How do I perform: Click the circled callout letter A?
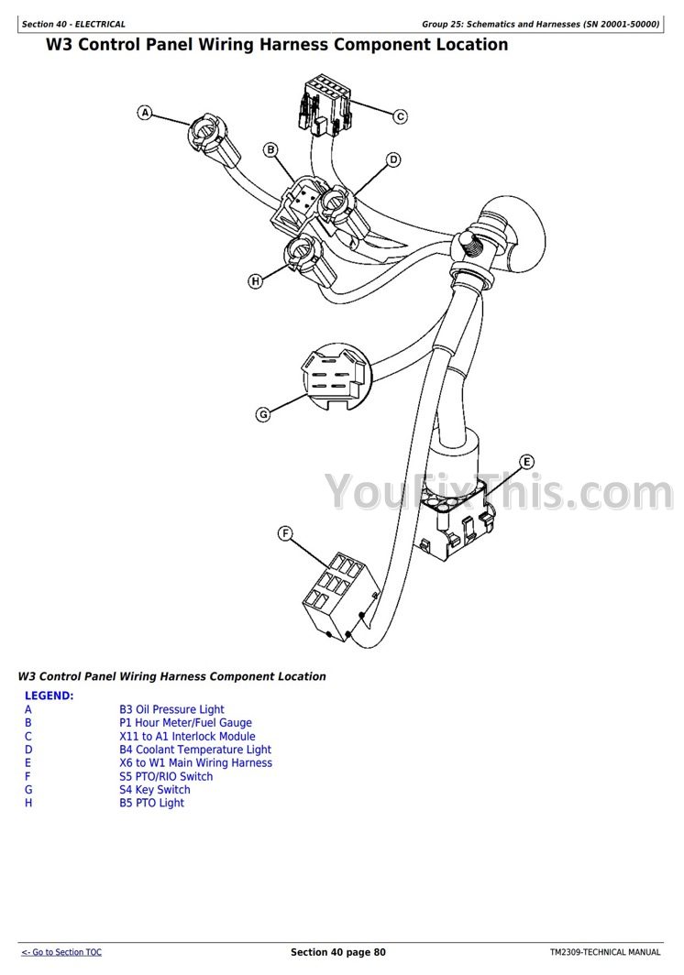tap(145, 113)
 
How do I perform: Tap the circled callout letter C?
tap(400, 116)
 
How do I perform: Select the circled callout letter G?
tap(263, 414)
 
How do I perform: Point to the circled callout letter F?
tap(285, 532)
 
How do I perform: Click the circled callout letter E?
tap(526, 461)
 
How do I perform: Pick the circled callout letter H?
tap(256, 280)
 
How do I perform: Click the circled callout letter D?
tap(393, 160)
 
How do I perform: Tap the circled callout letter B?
tap(270, 149)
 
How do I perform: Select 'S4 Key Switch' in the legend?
tap(155, 790)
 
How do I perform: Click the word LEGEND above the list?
tap(50, 696)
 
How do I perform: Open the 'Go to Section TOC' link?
tap(61, 952)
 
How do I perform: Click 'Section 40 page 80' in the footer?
tap(338, 952)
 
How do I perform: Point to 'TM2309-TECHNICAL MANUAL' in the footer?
tap(605, 952)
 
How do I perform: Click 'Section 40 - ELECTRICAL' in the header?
tap(73, 24)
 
